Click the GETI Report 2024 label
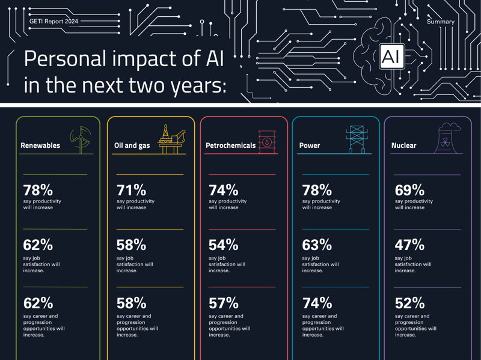point(54,22)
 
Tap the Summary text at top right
point(440,22)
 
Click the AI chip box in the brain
point(391,57)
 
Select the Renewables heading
point(40,145)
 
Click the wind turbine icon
point(81,139)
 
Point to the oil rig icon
point(171,139)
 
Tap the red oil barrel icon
point(266,142)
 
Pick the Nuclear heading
point(403,145)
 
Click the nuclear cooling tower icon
point(446,139)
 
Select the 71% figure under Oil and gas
point(131,190)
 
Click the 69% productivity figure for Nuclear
point(409,190)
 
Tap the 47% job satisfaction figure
point(409,245)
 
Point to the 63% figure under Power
point(317,245)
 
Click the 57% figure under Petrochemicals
point(224,303)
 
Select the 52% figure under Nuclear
point(409,303)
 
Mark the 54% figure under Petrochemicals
point(224,245)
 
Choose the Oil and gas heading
point(132,145)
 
